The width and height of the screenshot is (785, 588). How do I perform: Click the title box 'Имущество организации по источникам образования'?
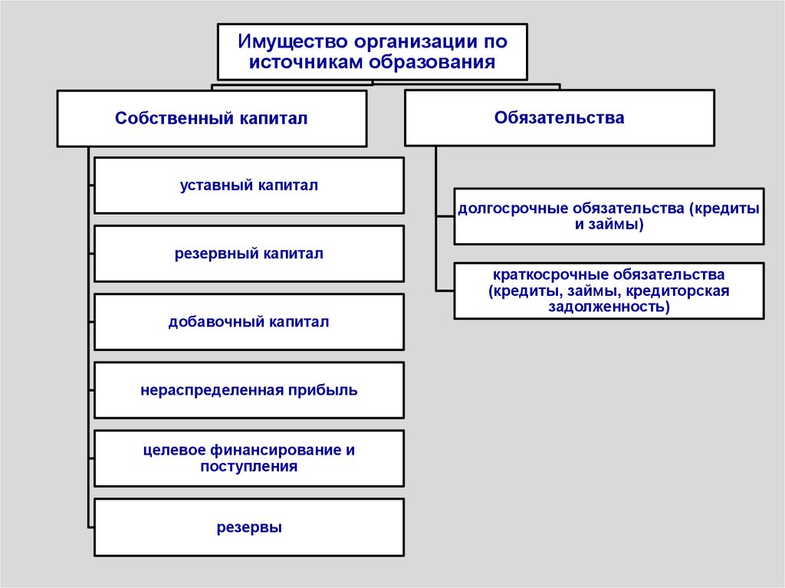pyautogui.click(x=372, y=51)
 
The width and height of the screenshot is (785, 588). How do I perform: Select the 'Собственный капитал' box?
pyautogui.click(x=211, y=119)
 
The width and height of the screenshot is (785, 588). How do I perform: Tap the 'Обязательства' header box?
pyautogui.click(x=559, y=118)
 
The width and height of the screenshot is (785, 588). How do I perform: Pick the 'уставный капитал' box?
pyautogui.click(x=248, y=186)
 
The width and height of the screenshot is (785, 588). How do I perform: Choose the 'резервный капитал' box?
pyautogui.click(x=248, y=254)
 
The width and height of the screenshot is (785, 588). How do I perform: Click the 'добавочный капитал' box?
pyautogui.click(x=248, y=322)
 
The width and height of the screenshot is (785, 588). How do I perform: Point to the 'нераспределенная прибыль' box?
pyautogui.click(x=248, y=390)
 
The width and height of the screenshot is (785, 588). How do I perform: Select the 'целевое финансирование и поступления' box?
pyautogui.click(x=248, y=458)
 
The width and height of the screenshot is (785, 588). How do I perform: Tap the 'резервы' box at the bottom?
pyautogui.click(x=248, y=527)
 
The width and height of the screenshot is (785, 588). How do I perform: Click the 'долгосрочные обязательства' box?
pyautogui.click(x=609, y=216)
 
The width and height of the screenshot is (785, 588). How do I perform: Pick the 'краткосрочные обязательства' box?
pyautogui.click(x=609, y=291)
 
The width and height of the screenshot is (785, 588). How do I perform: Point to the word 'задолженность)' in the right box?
pyautogui.click(x=609, y=307)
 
